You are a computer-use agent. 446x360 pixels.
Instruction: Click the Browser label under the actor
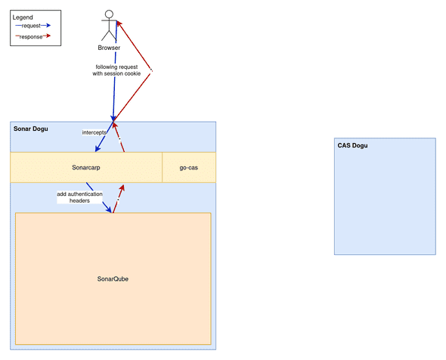coord(110,48)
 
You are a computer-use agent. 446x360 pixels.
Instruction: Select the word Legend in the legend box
coord(23,17)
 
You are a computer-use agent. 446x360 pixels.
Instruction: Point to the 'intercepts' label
coord(94,133)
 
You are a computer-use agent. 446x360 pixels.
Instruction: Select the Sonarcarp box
coord(86,167)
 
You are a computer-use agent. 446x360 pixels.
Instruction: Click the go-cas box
coord(189,167)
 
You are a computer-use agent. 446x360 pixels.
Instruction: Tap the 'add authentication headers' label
coord(79,197)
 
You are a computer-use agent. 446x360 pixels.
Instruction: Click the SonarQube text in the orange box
coord(113,279)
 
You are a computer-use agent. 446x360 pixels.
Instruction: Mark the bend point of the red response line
coord(152,71)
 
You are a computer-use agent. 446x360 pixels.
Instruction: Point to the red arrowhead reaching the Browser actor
coord(119,23)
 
